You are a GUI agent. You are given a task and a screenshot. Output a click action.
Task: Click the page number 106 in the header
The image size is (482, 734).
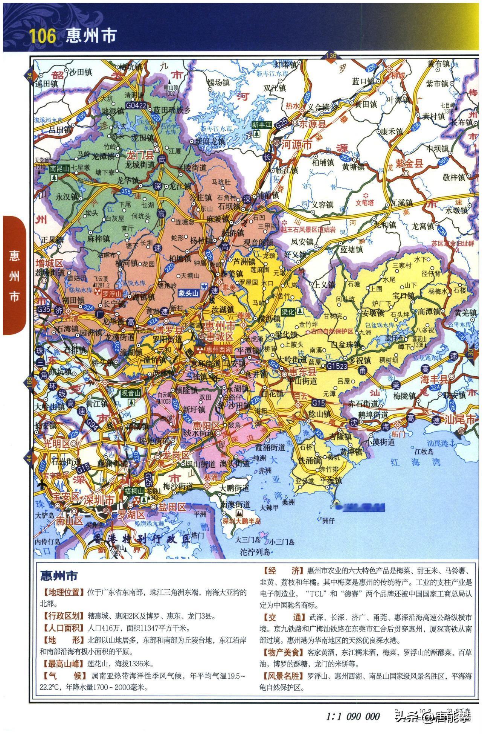point(42,36)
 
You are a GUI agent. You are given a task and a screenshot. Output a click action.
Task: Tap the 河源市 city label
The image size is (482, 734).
point(297,144)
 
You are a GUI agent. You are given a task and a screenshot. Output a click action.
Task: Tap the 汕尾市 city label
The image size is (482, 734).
point(460,419)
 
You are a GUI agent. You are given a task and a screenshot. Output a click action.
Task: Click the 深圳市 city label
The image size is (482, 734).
point(99,501)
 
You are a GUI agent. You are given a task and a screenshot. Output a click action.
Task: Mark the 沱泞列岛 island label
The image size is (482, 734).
point(255,552)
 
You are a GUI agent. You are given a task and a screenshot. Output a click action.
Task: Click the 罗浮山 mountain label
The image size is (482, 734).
point(112,294)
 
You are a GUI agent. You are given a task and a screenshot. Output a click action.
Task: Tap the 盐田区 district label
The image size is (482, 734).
point(172,507)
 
